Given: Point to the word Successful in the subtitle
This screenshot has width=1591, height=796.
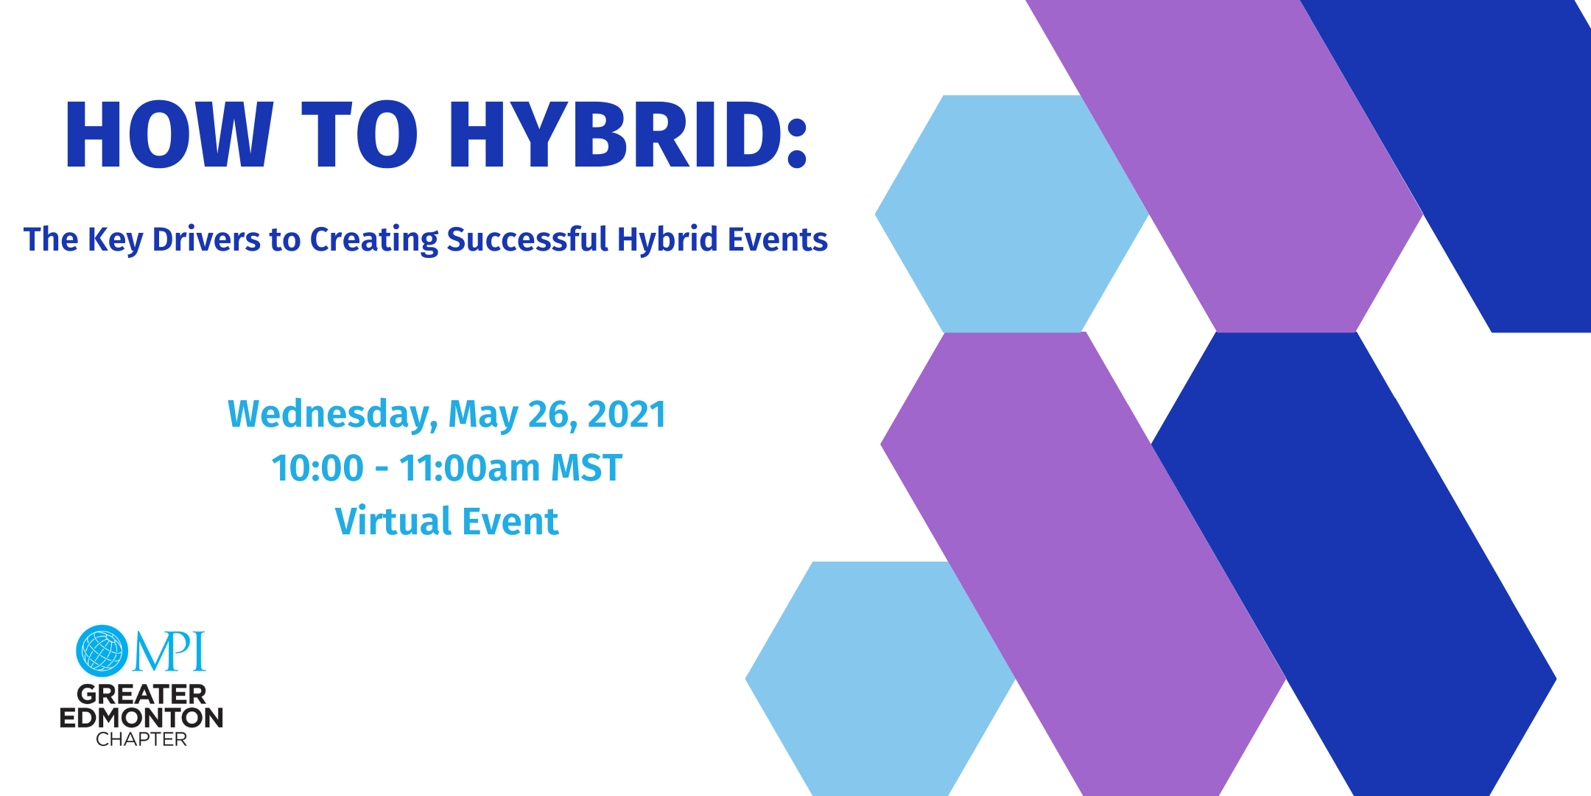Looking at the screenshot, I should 527,240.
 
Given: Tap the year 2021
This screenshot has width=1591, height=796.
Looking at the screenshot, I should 627,414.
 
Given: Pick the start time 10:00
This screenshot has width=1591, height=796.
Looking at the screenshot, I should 317,468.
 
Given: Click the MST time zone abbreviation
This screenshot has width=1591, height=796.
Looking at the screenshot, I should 586,468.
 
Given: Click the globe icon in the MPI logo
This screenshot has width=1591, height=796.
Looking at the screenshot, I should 102,651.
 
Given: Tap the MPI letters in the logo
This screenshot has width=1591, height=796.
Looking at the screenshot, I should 169,652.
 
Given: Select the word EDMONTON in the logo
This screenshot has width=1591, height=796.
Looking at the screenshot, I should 141,718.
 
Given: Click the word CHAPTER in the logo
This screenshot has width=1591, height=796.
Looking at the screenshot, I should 141,739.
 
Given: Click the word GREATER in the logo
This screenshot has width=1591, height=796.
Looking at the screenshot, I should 141,694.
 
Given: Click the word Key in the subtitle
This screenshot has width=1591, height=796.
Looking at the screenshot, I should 115,240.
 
